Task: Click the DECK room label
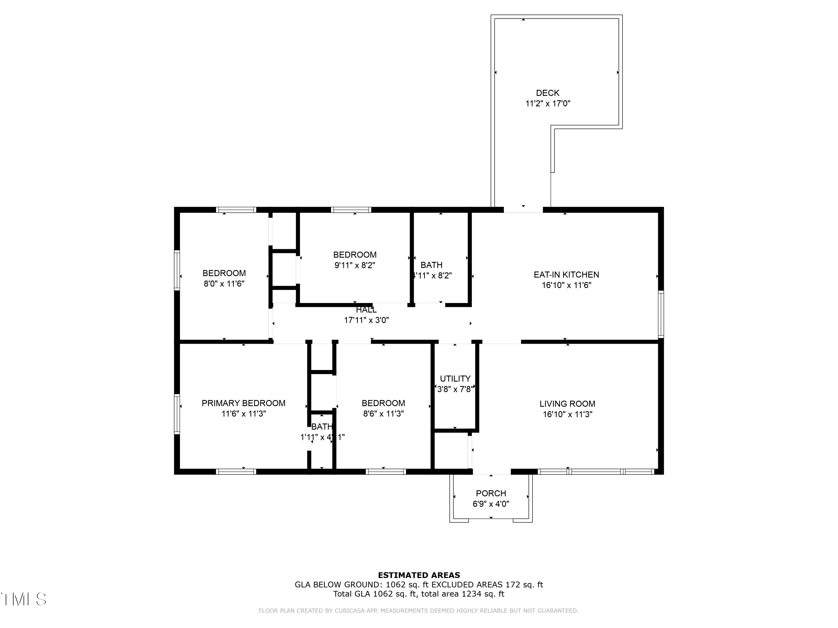pyautogui.click(x=547, y=93)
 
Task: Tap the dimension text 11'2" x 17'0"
pyautogui.click(x=547, y=103)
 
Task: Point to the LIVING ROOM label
pyautogui.click(x=567, y=404)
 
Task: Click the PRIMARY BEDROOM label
pyautogui.click(x=243, y=403)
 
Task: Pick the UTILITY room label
pyautogui.click(x=455, y=378)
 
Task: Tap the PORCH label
pyautogui.click(x=491, y=493)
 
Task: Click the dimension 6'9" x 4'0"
pyautogui.click(x=491, y=504)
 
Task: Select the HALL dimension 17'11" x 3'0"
pyautogui.click(x=366, y=320)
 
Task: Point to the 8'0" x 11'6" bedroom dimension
pyautogui.click(x=224, y=284)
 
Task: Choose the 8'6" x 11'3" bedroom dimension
pyautogui.click(x=383, y=414)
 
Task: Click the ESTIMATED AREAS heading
pyautogui.click(x=419, y=575)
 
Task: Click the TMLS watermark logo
pyautogui.click(x=23, y=599)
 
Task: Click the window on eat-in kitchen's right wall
pyautogui.click(x=661, y=314)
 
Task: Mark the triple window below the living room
pyautogui.click(x=596, y=472)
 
